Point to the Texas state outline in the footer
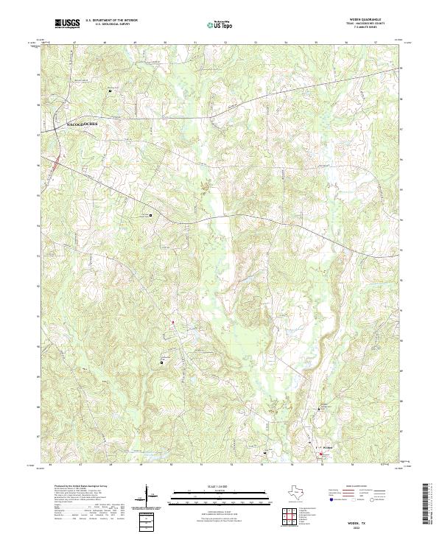click(x=294, y=492)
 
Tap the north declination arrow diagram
click(x=150, y=495)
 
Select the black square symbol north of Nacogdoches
click(x=110, y=91)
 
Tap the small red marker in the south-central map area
click(x=172, y=322)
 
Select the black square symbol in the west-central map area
click(x=151, y=215)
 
